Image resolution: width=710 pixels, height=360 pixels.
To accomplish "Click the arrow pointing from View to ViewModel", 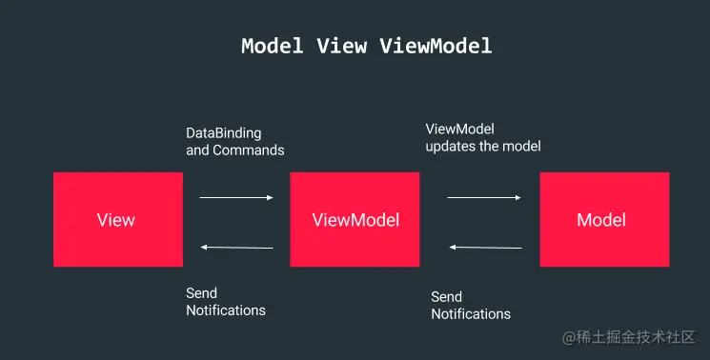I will tap(236, 198).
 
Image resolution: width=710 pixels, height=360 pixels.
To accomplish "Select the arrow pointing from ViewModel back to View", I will tap(236, 248).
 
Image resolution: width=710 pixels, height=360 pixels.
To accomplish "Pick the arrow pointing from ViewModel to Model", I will tap(484, 198).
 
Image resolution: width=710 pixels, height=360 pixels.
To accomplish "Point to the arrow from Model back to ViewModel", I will tap(485, 248).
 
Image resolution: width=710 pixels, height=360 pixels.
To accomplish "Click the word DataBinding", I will tap(223, 132).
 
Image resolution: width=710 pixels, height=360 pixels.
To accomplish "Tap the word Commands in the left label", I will tap(249, 150).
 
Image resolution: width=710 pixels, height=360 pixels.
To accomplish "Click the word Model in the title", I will tap(271, 46).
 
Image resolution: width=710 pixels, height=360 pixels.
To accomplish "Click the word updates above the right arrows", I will tap(451, 147).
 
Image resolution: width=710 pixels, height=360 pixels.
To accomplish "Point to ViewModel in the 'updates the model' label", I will tap(459, 130).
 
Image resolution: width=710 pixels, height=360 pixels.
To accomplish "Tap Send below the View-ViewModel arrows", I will tap(201, 293).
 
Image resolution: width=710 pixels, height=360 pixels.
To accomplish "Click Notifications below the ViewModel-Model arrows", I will tap(471, 314).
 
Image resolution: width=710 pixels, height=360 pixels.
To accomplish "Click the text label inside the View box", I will tap(116, 220).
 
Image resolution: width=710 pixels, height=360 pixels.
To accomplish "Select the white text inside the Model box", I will tap(601, 220).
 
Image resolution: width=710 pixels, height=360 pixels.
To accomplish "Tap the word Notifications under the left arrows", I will tap(226, 310).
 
